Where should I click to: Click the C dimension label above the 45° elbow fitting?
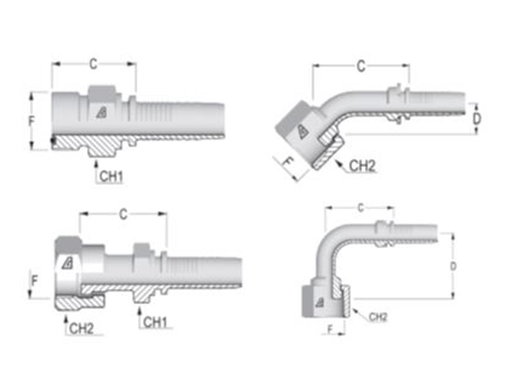(361, 67)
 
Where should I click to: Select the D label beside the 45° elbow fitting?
(477, 119)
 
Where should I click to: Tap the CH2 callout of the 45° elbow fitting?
(362, 166)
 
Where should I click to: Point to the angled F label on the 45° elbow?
(289, 163)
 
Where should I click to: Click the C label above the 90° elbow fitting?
(361, 208)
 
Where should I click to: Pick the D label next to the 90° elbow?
(454, 266)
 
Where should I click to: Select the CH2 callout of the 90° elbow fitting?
(378, 317)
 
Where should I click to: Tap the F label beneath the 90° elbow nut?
(330, 329)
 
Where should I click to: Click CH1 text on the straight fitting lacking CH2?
(111, 177)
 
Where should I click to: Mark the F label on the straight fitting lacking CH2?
(31, 121)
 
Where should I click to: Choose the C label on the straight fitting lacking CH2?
(93, 64)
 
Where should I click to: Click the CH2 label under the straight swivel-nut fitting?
(81, 328)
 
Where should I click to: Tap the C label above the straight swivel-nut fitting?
(123, 214)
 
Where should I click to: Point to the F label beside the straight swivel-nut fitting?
(35, 281)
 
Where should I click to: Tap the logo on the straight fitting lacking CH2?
(101, 113)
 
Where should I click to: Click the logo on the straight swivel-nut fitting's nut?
(67, 263)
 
